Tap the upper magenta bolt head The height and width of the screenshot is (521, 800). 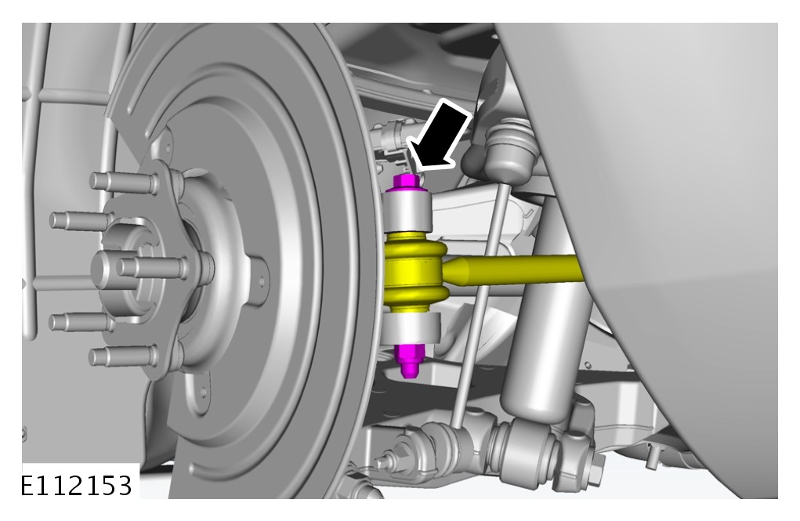407,183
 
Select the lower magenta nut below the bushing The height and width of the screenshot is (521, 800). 409,360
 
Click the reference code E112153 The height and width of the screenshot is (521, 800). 76,486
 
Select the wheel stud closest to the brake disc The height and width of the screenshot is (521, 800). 152,267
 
